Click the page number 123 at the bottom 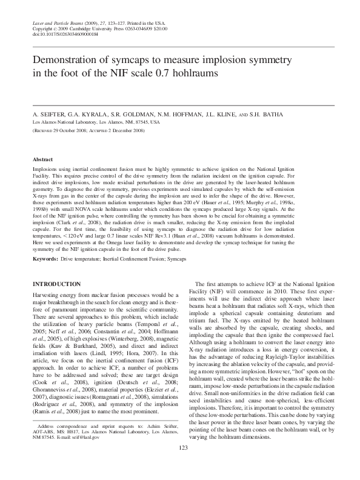tap(180, 465)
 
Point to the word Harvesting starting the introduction tap(45, 295)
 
